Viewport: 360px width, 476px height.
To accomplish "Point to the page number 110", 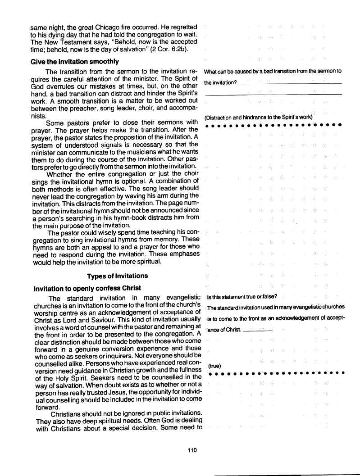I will click(194, 449).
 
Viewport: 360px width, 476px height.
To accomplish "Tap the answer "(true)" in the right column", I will click(214, 366).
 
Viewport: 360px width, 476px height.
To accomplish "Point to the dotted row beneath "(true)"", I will click(277, 373).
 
